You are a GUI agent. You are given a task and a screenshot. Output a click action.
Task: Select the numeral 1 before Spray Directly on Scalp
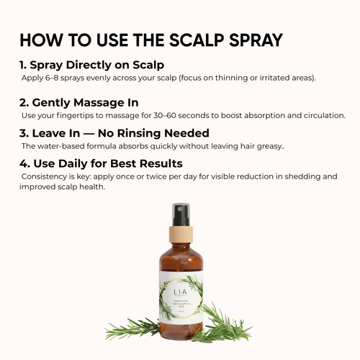[23, 66]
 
